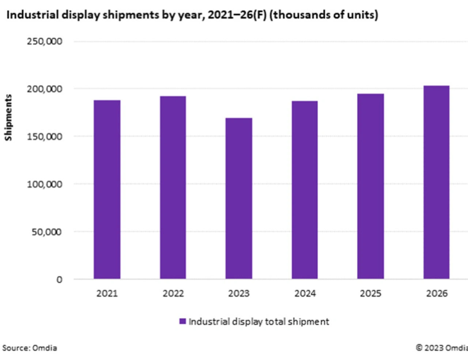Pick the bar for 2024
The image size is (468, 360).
[305, 190]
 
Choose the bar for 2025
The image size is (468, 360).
[370, 186]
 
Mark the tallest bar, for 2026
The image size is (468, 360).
[436, 182]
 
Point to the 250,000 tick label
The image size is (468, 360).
[44, 41]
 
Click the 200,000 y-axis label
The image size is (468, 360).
[44, 89]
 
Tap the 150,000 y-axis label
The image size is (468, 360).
[44, 136]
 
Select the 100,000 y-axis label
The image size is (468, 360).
[44, 184]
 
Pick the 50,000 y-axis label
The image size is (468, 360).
[46, 232]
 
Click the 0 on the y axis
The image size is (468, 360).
[59, 280]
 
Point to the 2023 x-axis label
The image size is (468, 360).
[239, 293]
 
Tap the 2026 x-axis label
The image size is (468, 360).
[437, 293]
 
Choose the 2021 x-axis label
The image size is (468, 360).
[107, 293]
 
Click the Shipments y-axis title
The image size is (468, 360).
[8, 117]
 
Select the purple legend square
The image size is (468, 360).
[182, 321]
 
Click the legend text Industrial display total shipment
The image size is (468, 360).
[259, 322]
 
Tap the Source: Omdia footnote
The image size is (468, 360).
[30, 348]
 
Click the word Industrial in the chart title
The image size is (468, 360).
[33, 15]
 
